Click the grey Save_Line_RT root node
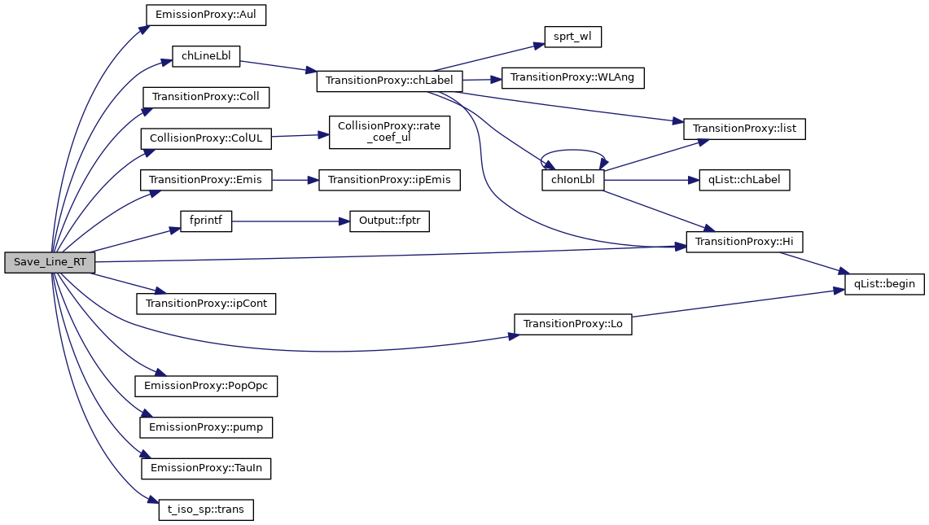pyautogui.click(x=50, y=262)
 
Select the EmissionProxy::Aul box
pyautogui.click(x=206, y=15)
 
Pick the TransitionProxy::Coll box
pyautogui.click(x=206, y=97)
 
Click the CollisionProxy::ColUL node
pyautogui.click(x=205, y=138)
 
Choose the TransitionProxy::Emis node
pyautogui.click(x=206, y=180)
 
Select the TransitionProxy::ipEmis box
pyautogui.click(x=389, y=180)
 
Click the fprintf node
pyautogui.click(x=206, y=221)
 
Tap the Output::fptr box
pyautogui.click(x=389, y=221)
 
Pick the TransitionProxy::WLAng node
pyautogui.click(x=573, y=78)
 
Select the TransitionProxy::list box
pyautogui.click(x=744, y=129)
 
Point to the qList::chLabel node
pyautogui.click(x=744, y=180)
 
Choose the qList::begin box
pyautogui.click(x=883, y=284)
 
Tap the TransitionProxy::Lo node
pyautogui.click(x=572, y=323)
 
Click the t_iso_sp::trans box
pyautogui.click(x=206, y=510)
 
